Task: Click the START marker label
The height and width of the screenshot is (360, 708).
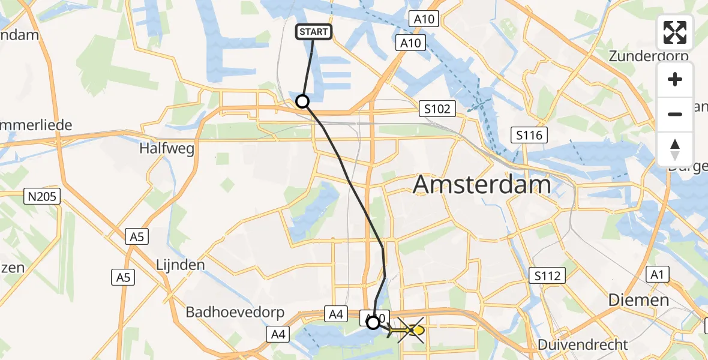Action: [313, 32]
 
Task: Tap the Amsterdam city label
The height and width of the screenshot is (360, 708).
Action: [482, 185]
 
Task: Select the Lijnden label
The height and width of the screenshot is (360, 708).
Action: [180, 265]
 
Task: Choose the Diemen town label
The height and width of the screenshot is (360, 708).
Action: [638, 300]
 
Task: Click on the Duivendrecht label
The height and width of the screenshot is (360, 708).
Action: [583, 344]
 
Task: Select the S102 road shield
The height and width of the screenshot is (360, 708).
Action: [437, 109]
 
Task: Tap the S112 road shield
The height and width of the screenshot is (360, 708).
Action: [548, 276]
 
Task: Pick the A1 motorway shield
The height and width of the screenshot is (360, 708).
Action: [658, 275]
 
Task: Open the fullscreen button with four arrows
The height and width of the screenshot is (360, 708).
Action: [675, 32]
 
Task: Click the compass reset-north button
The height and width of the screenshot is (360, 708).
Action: [675, 149]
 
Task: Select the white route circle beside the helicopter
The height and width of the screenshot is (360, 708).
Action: [373, 323]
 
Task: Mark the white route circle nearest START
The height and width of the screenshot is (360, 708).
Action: [302, 101]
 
